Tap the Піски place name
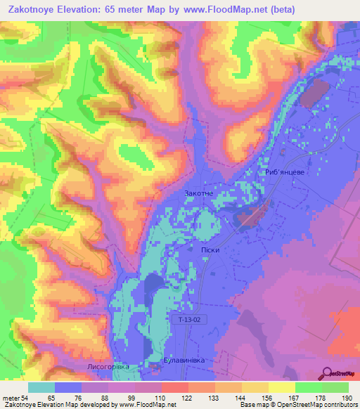pos(203,249)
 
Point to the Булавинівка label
pos(184,360)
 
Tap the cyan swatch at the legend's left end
pos(41,388)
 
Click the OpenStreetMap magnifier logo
pos(326,372)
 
